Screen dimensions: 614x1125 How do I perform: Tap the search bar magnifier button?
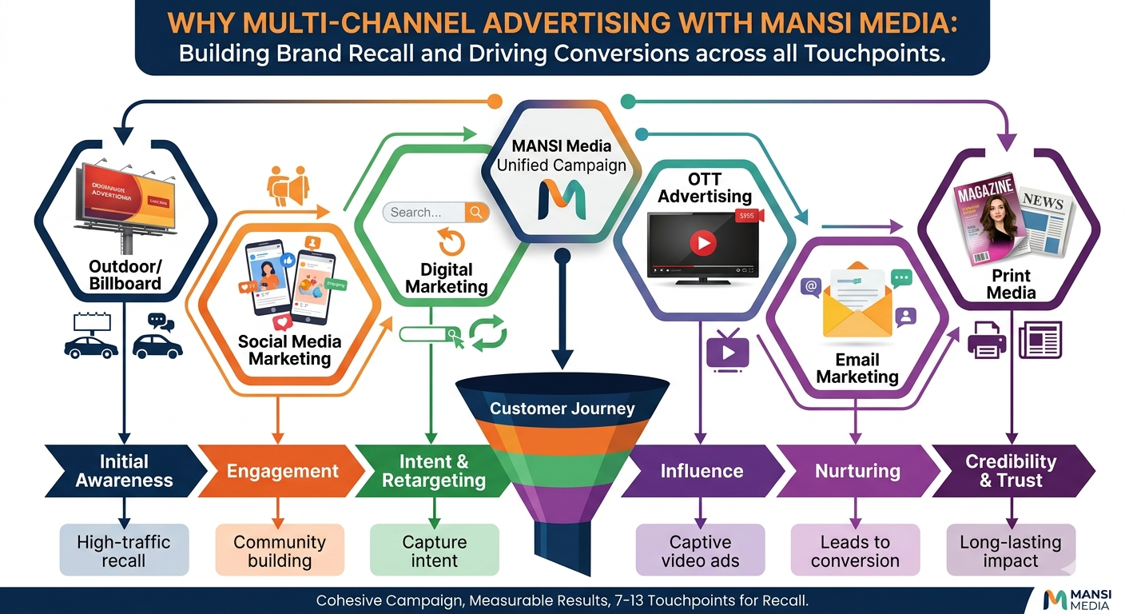pyautogui.click(x=476, y=212)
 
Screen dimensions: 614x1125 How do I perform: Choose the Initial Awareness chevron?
pyautogui.click(x=125, y=471)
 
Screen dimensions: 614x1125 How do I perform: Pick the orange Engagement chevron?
pyautogui.click(x=281, y=471)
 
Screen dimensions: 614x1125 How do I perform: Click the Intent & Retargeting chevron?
pyautogui.click(x=433, y=471)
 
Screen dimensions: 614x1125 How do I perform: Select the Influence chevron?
pyautogui.click(x=701, y=471)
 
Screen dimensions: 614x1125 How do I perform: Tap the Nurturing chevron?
pyautogui.click(x=857, y=471)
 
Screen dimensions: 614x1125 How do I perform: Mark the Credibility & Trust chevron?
pyautogui.click(x=1011, y=471)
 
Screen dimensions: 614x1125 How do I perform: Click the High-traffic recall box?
pyautogui.click(x=124, y=551)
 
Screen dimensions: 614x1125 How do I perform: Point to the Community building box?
pyautogui.click(x=280, y=551)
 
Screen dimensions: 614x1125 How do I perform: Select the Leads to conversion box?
pyautogui.click(x=855, y=551)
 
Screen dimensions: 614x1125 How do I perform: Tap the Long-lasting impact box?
pyautogui.click(x=1011, y=551)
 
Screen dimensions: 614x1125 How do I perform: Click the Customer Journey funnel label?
pyautogui.click(x=562, y=409)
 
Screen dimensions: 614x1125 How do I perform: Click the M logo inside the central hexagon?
pyautogui.click(x=562, y=201)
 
